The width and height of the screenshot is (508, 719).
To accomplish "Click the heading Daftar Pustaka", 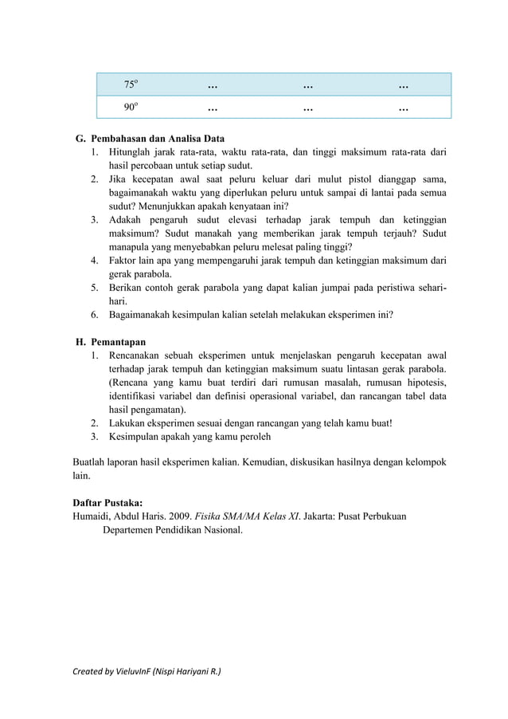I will (x=107, y=503).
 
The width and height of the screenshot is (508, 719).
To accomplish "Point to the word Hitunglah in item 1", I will (x=131, y=152).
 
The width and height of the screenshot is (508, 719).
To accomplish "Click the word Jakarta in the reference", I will (x=328, y=517).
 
